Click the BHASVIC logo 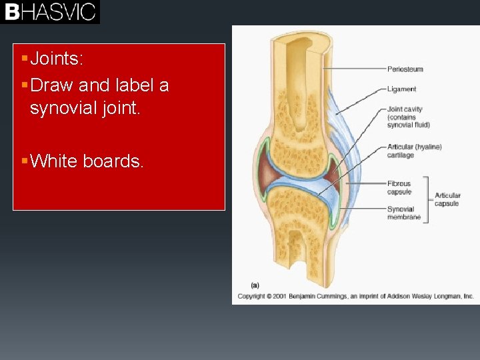tap(50, 12)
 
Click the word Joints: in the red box tap(57, 59)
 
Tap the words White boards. tap(87, 161)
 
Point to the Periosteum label tap(405, 69)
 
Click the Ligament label tap(401, 89)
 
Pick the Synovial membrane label tap(404, 213)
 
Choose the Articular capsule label tap(447, 199)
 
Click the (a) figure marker tap(254, 285)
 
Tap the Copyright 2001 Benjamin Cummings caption tap(355, 296)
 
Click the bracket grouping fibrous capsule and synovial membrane tap(426, 199)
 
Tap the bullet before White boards tap(24, 161)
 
